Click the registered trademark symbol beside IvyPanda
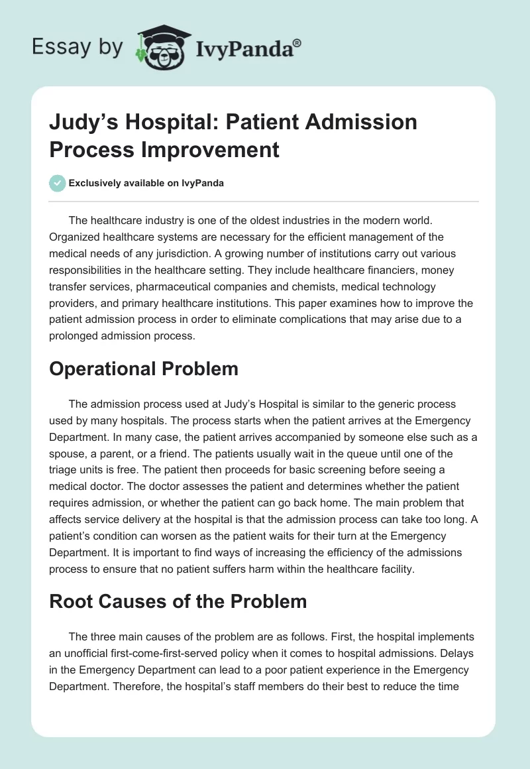(297, 43)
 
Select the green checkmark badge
(57, 183)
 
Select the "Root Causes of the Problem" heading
(178, 601)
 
